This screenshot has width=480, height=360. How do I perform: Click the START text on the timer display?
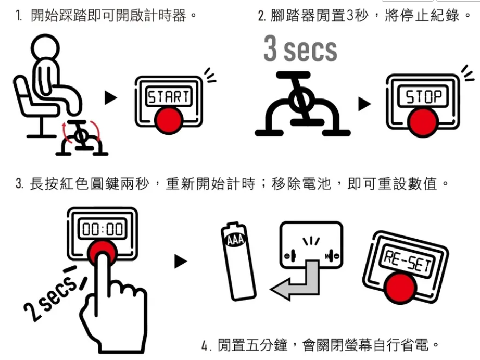click(x=168, y=97)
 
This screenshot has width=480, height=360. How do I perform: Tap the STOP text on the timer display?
click(x=423, y=96)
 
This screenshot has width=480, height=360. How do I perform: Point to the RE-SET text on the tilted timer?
click(x=408, y=260)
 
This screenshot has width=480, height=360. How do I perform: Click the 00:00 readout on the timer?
click(x=103, y=229)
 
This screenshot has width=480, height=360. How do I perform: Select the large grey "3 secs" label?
click(x=300, y=48)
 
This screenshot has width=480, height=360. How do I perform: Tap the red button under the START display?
click(x=168, y=120)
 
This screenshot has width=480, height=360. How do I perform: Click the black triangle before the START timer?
click(x=110, y=98)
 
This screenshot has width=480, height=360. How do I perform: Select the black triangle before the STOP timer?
click(x=364, y=104)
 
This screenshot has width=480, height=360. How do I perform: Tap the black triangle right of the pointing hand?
click(x=181, y=262)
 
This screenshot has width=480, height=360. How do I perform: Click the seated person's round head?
click(x=45, y=48)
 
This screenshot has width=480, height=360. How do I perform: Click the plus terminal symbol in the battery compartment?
click(x=287, y=256)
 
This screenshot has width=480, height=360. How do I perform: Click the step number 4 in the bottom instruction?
click(x=205, y=345)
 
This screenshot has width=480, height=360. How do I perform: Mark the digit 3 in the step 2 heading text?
click(x=350, y=15)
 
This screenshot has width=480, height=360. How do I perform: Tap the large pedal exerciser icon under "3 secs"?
click(x=302, y=104)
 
